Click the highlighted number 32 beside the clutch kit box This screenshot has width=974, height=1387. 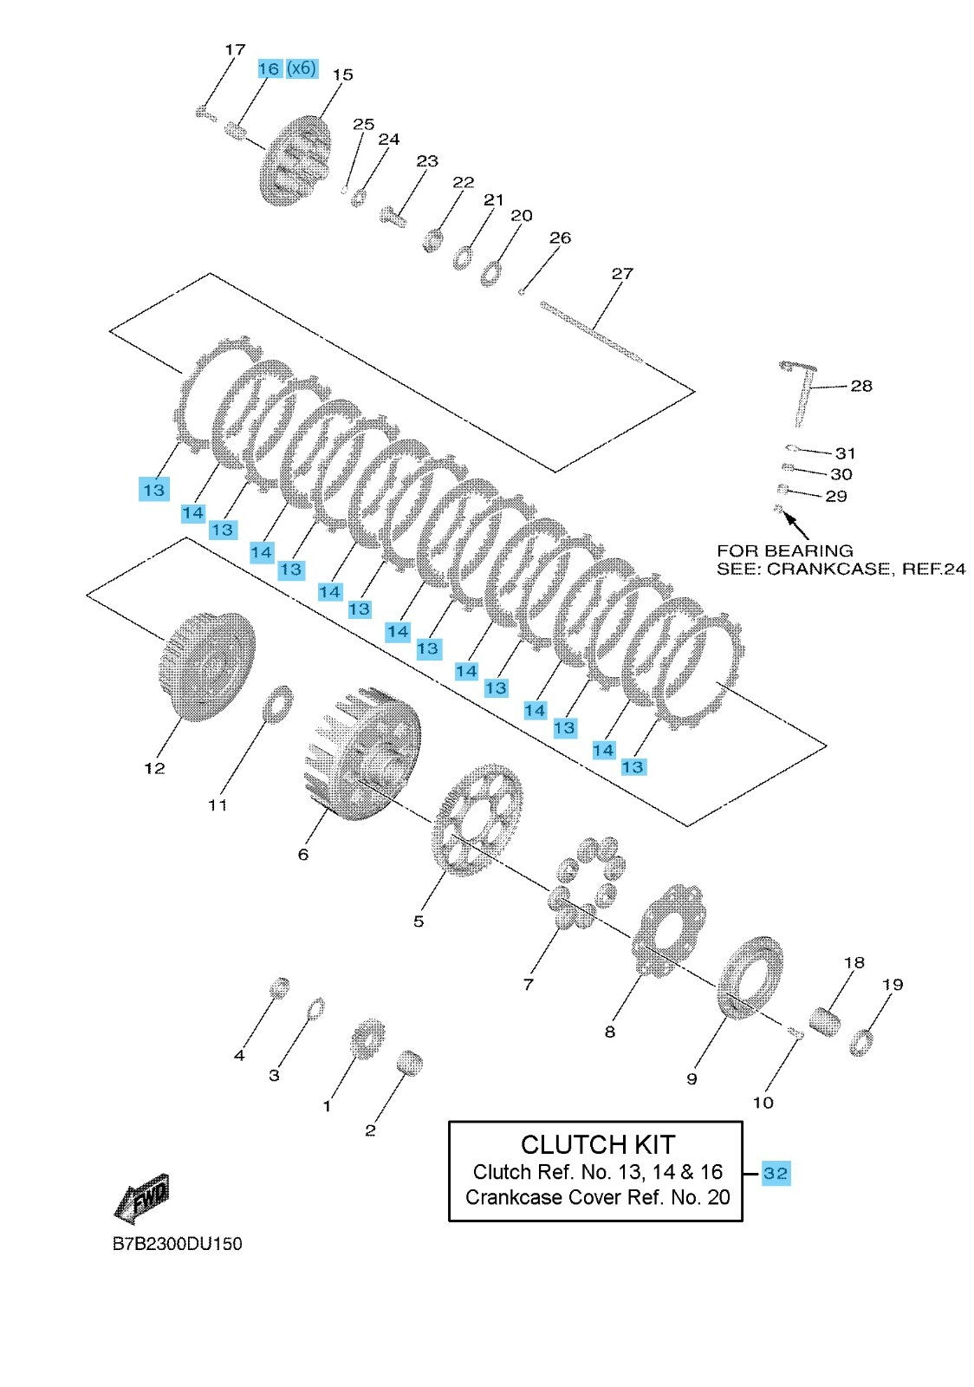(x=776, y=1174)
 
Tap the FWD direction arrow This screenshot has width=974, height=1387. (x=142, y=1200)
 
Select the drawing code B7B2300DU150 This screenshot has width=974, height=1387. (x=177, y=1244)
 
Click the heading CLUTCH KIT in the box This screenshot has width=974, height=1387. (x=597, y=1144)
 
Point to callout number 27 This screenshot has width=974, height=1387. (x=622, y=273)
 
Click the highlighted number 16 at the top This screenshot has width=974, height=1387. (x=269, y=68)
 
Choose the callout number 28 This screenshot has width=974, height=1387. (x=860, y=386)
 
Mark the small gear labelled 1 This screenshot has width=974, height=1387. (x=368, y=1038)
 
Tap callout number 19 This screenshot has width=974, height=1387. (x=893, y=984)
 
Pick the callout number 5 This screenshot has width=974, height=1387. (x=419, y=921)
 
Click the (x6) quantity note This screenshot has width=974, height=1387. (x=302, y=68)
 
